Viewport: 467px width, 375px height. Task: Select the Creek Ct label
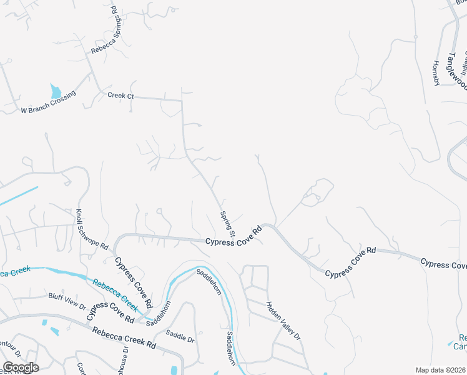[x=120, y=96]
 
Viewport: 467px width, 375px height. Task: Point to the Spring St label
[x=227, y=224]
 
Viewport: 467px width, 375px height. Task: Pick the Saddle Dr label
[x=180, y=336]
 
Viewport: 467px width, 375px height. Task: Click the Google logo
[x=21, y=367]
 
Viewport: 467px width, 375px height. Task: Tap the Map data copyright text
[x=441, y=370]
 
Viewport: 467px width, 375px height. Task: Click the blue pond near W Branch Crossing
[x=56, y=91]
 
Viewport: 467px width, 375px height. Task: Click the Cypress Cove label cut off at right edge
[x=443, y=264]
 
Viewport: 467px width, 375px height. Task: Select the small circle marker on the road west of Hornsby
[x=415, y=37]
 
